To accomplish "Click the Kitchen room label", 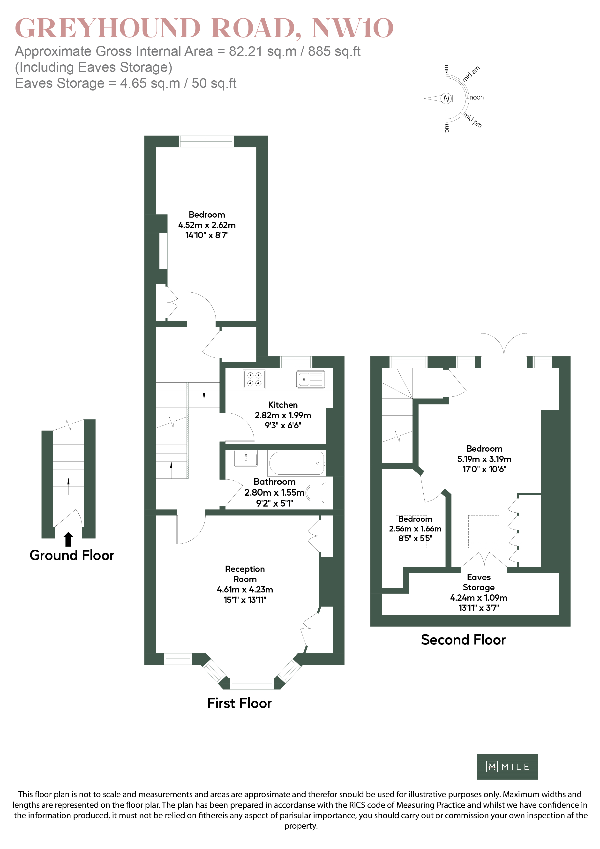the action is tap(283, 405).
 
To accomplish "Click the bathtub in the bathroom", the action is tap(296, 463).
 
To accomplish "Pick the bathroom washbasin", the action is tap(246, 458).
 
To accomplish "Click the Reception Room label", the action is tap(245, 574).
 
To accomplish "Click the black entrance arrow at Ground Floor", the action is tap(68, 539).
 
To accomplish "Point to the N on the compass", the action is tap(446, 98).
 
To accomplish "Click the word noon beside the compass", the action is tap(477, 98).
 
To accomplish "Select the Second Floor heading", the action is tap(463, 640).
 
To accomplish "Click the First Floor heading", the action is tap(239, 703).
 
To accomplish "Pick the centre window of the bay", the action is tap(252, 683).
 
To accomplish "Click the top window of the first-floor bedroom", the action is tap(206, 141).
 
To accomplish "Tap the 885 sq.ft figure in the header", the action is tap(334, 51).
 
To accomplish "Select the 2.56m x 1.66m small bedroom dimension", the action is tap(415, 529).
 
